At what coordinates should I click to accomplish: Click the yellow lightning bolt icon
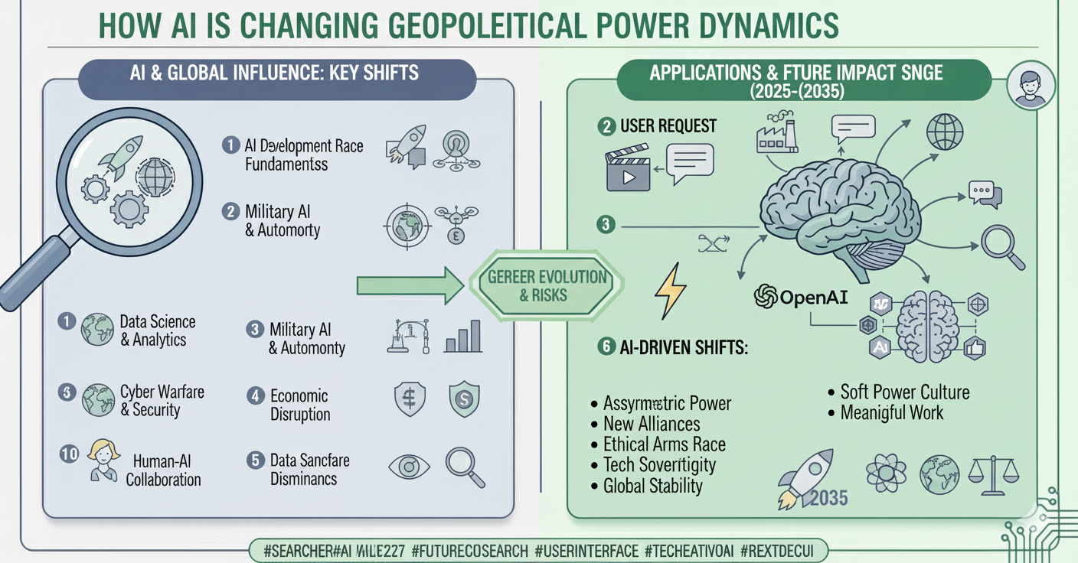[x=671, y=291]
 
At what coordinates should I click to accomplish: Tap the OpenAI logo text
[x=802, y=297]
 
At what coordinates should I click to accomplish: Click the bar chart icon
[x=463, y=337]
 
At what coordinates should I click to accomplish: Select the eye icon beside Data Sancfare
[x=409, y=467]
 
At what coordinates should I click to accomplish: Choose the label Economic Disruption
[x=300, y=405]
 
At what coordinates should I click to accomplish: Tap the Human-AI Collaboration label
[x=163, y=470]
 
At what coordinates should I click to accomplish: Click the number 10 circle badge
[x=69, y=454]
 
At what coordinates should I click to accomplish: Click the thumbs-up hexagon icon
[x=975, y=348]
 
